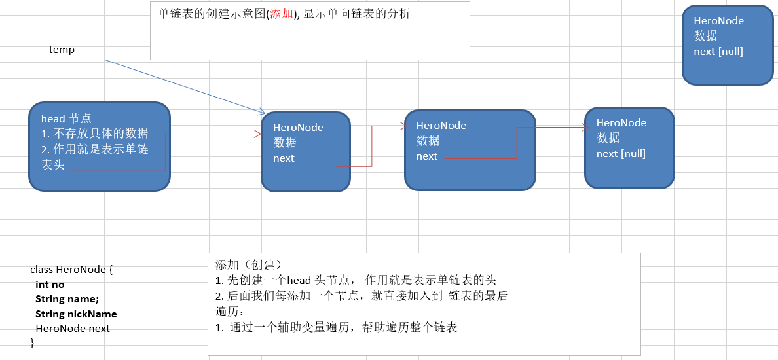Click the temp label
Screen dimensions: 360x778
coord(62,50)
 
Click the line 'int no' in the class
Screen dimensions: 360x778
coord(50,285)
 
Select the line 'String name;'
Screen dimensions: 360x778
coord(67,299)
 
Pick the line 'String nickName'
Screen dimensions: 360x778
coord(76,314)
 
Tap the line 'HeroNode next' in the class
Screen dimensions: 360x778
coord(73,328)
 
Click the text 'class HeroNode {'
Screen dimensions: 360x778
coord(72,270)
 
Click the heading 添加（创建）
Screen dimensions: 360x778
coord(248,265)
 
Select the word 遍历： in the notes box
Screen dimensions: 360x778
coord(229,311)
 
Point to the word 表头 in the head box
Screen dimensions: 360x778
coord(53,166)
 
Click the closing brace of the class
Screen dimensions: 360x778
coord(32,342)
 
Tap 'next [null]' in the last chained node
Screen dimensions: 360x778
coord(621,154)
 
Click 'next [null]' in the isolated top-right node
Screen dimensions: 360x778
coord(718,51)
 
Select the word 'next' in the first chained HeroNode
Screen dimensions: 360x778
coord(284,158)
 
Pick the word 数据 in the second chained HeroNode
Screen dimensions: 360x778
coord(428,141)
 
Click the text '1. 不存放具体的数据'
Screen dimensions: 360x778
coord(94,134)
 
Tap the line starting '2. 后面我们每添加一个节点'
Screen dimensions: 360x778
coord(361,295)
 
